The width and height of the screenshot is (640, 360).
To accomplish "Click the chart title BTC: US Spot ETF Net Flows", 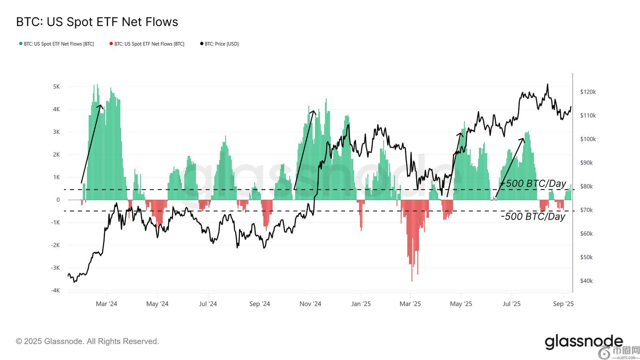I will click(x=97, y=22).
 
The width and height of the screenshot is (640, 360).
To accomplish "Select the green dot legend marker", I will click(x=21, y=44).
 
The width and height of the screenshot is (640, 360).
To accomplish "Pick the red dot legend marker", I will click(x=111, y=44).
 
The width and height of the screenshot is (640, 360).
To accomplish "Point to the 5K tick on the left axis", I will click(x=56, y=87).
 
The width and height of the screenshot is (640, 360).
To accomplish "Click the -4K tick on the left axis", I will click(x=55, y=290).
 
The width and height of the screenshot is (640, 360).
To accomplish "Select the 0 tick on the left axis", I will click(x=58, y=200).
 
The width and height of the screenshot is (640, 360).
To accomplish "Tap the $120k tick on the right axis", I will click(x=588, y=92).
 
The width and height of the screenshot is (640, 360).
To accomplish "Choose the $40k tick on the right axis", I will click(x=586, y=281).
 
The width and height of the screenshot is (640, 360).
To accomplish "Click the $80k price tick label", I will click(x=586, y=186).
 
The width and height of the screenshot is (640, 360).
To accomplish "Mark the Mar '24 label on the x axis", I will click(x=106, y=304).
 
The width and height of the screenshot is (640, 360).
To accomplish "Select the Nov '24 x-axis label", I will click(x=310, y=304).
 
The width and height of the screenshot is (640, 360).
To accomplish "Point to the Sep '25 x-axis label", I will click(x=563, y=304).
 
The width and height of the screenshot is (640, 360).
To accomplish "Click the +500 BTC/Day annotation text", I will click(x=534, y=184).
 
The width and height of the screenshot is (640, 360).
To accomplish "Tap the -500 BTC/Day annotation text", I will click(x=533, y=216).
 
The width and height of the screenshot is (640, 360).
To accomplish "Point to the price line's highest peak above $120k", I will click(x=547, y=84).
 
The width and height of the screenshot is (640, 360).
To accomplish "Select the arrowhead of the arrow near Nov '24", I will click(x=314, y=112).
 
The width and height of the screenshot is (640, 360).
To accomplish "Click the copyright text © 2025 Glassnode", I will click(x=87, y=341).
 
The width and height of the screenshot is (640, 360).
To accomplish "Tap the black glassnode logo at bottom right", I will click(x=583, y=342).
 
